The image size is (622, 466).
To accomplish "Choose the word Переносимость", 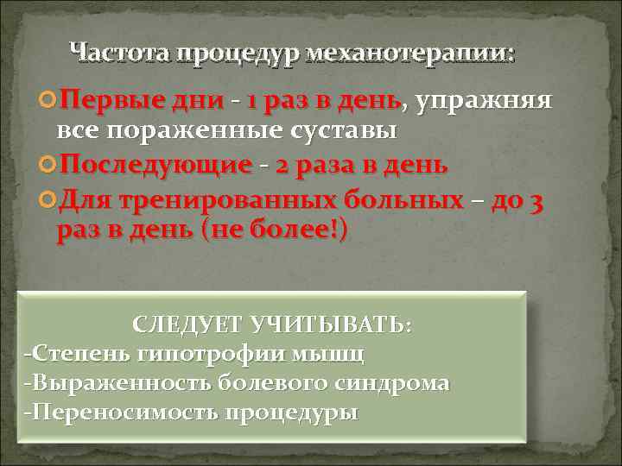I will (x=121, y=412).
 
